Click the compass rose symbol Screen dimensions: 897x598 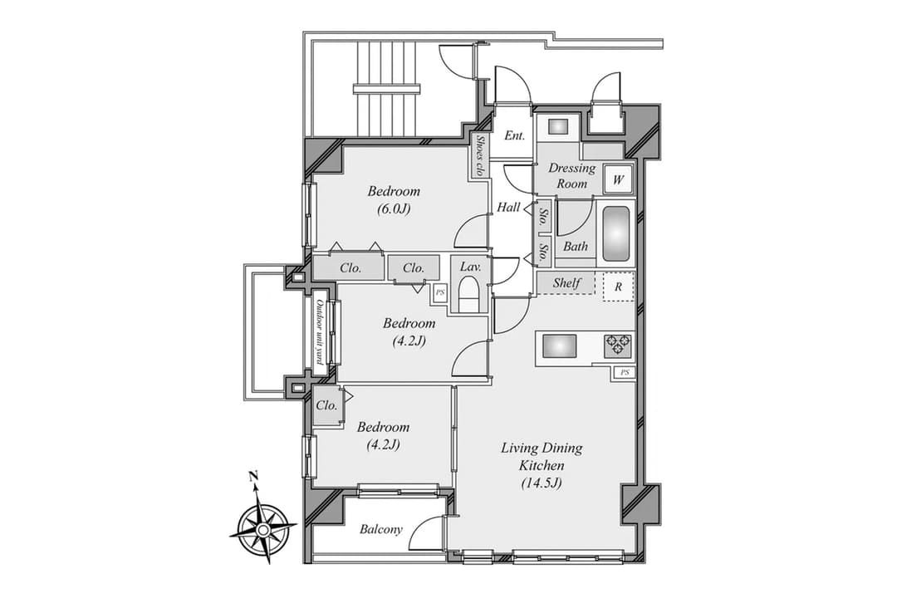tap(262, 530)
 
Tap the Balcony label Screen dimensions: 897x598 tap(381, 529)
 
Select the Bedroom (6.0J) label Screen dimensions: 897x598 tap(394, 199)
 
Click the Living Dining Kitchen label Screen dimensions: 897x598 tap(542, 464)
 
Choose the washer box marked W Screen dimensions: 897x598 tap(618, 179)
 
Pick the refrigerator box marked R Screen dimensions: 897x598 tap(619, 287)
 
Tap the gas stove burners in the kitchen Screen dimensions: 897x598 tap(618, 346)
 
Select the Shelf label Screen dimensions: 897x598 tap(566, 282)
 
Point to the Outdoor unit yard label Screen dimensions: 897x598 tap(321, 332)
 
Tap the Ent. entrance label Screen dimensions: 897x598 tap(514, 135)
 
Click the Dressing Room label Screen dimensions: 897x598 tap(571, 176)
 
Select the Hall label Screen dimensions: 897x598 tap(508, 207)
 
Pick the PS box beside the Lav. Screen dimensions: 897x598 tap(440, 292)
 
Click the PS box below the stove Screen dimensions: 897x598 tap(625, 373)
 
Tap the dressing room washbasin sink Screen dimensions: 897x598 tap(557, 126)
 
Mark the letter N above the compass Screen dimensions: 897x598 tap(252, 476)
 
